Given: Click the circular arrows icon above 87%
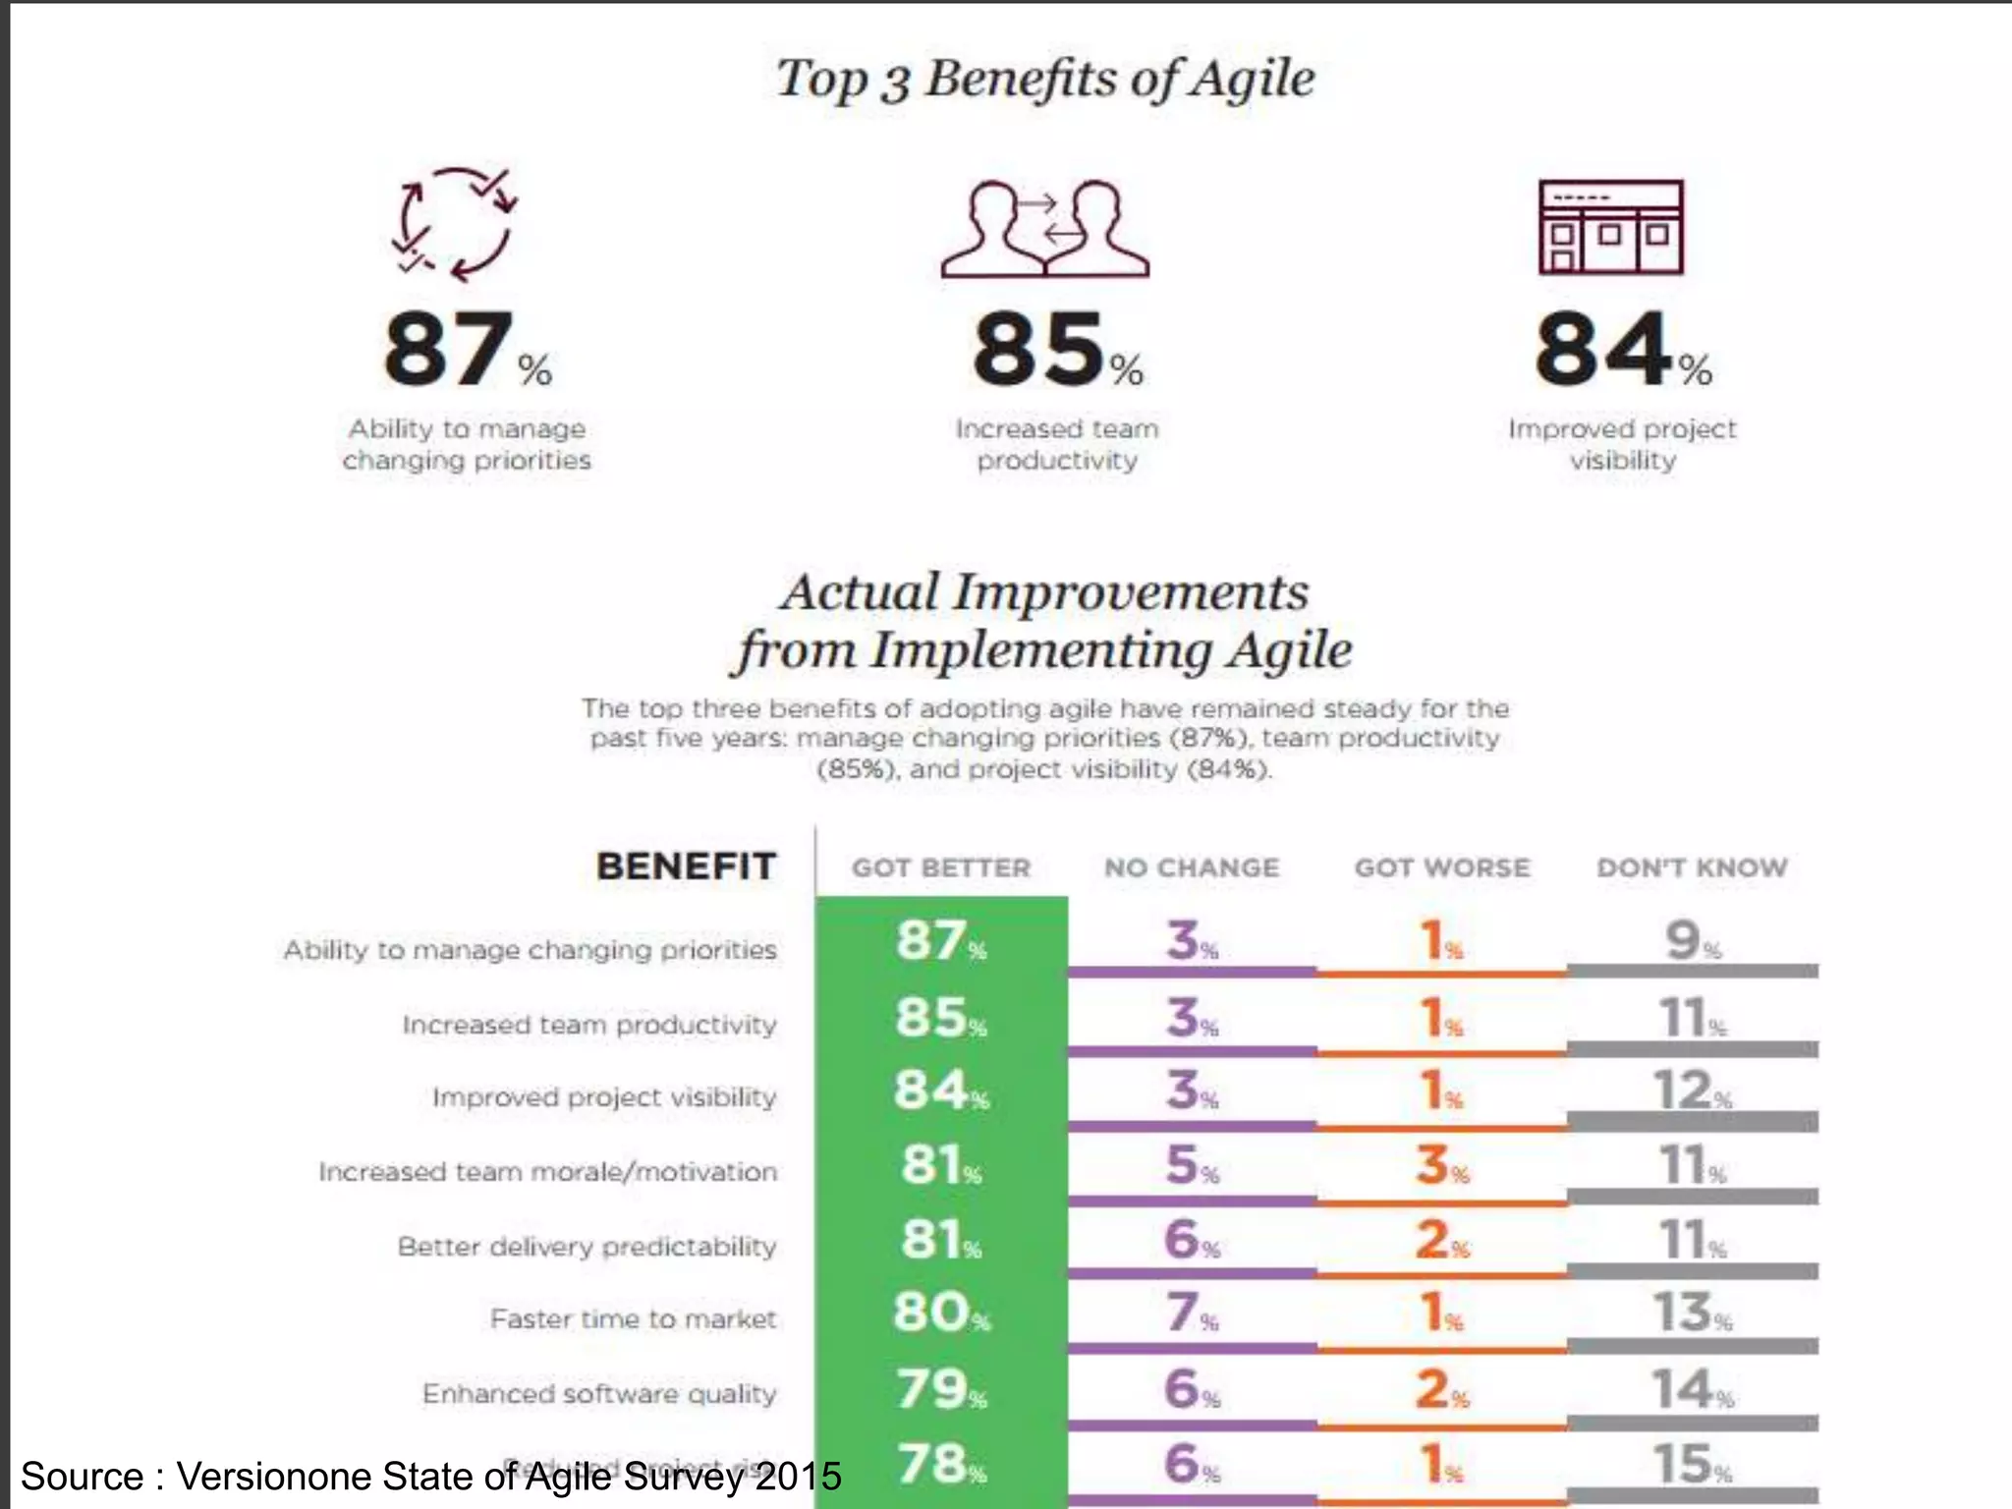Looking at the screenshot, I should pos(455,225).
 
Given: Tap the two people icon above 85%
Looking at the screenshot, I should pos(1045,229).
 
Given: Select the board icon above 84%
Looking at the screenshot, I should pos(1610,227).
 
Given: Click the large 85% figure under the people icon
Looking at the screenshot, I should pos(1057,351).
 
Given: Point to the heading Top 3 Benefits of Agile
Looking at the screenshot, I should pos(1045,79).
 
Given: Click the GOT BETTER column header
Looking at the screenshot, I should pos(940,868).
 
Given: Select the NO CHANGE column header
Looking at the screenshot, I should pos(1192,868).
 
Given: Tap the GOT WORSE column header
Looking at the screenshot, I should pos(1442,868).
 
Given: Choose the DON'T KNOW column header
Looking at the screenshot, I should pos(1692,868).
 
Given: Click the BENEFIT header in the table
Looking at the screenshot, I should pos(686,866).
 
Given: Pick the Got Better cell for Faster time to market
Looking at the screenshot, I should pos(940,1313).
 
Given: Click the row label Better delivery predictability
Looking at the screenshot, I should pos(587,1247).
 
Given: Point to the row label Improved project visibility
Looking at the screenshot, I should pos(604,1097).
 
